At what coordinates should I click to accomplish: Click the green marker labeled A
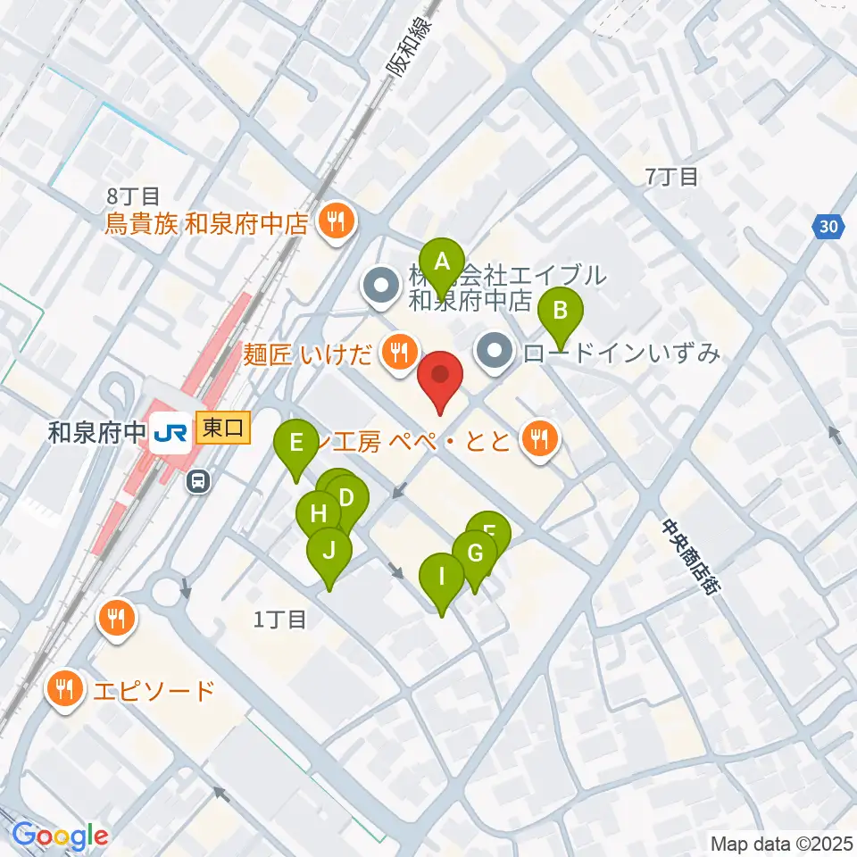click(441, 263)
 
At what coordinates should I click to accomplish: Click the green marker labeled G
click(474, 554)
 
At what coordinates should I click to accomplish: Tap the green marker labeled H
click(319, 515)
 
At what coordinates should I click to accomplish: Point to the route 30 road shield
click(829, 227)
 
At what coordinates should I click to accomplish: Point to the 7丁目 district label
click(671, 177)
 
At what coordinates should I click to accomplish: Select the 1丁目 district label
click(279, 620)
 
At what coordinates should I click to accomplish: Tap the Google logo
click(60, 836)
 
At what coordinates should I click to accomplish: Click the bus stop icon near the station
click(198, 482)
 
